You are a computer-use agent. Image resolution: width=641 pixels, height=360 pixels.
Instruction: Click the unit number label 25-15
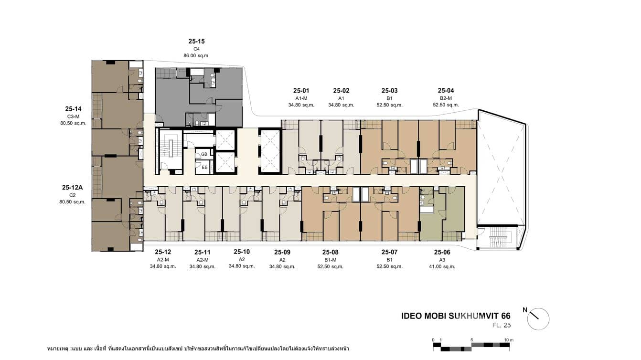click(196, 42)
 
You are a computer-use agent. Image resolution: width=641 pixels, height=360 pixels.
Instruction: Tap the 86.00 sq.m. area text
click(196, 56)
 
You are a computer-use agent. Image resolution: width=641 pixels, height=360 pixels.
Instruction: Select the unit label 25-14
click(73, 109)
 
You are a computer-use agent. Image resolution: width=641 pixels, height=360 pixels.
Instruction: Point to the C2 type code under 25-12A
click(73, 195)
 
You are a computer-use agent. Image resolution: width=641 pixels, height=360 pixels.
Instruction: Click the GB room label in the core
click(204, 154)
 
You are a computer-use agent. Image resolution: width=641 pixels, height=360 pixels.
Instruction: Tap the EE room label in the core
click(204, 168)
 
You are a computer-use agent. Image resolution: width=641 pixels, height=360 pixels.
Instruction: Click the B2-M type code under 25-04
click(446, 98)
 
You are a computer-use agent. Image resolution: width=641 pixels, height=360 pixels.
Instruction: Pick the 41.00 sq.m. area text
click(442, 267)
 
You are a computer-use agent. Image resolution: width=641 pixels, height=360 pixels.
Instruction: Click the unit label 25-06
click(442, 253)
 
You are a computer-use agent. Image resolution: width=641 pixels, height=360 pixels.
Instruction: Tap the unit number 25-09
click(282, 253)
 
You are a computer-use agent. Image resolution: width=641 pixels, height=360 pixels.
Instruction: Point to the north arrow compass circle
click(538, 319)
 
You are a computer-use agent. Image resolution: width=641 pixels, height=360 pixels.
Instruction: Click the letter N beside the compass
click(525, 310)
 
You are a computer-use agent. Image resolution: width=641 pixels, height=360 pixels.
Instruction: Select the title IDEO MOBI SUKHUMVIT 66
click(456, 316)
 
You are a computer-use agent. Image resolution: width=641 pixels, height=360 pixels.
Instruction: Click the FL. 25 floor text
click(501, 326)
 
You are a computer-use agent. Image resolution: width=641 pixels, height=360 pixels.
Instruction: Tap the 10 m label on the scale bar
click(509, 340)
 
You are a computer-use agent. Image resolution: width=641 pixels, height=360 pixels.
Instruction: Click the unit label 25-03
click(389, 91)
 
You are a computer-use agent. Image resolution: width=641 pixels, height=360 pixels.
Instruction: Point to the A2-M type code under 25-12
click(163, 260)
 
